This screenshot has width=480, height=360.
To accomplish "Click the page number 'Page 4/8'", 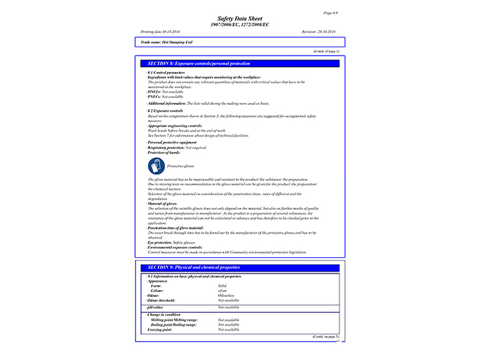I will (328, 13).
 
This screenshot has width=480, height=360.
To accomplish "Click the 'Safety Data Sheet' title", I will (240, 19).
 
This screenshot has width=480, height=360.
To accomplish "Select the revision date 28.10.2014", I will (318, 32).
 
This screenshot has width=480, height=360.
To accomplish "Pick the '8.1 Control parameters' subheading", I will (167, 72).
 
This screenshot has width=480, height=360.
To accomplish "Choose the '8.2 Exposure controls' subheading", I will (165, 110).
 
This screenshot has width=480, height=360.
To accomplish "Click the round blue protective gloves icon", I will (156, 165).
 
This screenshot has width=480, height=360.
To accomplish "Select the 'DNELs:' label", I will (154, 91).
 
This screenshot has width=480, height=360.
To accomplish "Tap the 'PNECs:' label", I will (154, 97).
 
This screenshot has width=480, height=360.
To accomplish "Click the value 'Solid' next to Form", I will (222, 285).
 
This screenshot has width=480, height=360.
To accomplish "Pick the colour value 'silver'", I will (222, 291).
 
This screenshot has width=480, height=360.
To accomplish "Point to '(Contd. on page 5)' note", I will (325, 337).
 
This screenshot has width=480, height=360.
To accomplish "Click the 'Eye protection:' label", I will (160, 243).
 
